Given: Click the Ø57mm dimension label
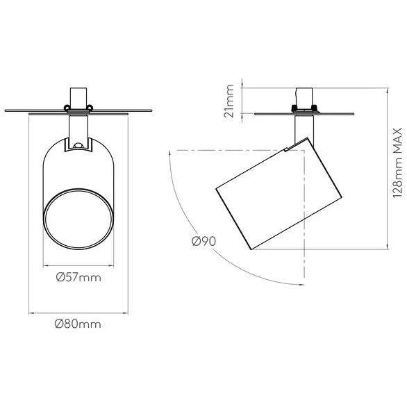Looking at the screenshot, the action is point(78,278).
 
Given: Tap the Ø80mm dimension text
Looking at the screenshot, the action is point(78,324).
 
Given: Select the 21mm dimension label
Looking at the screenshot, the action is point(229,101).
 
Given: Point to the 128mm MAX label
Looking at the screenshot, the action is point(397,163).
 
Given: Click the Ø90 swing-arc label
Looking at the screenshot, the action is point(203,242).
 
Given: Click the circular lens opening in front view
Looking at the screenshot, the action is point(78,219).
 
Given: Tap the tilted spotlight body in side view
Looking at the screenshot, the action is point(279,194).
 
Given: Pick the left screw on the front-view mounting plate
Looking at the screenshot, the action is point(67,107).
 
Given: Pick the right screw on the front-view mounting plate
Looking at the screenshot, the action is point(90,107).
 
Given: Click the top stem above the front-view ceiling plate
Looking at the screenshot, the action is point(78,98).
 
